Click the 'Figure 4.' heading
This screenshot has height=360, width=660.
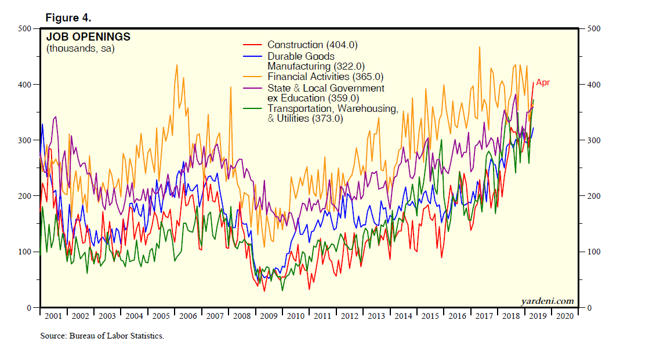pos(68,17)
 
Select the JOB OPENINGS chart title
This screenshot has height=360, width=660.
pos(88,37)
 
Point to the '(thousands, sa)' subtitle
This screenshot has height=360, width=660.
pos(81,49)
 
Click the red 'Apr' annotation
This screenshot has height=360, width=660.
pos(543,82)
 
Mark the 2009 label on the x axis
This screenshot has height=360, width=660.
pos(269,316)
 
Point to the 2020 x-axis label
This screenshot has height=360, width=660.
pos(564,316)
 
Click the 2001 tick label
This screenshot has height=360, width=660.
pos(53,316)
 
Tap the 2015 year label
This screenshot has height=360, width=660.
pos(430,316)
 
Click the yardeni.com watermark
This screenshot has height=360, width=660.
pos(547,300)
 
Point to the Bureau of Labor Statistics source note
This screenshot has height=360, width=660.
pos(102,336)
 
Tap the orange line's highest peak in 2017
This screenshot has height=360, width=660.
pos(480,47)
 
